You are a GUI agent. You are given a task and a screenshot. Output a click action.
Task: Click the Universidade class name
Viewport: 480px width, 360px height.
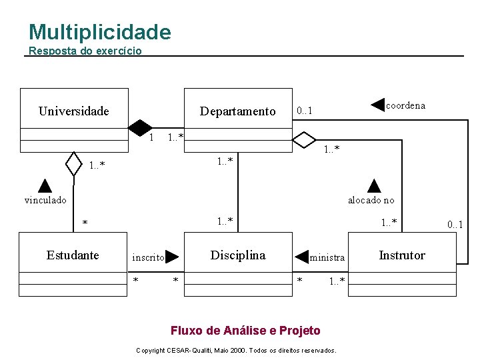pyautogui.click(x=73, y=111)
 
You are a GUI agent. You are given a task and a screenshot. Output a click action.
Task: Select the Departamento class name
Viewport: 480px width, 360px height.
pyautogui.click(x=237, y=111)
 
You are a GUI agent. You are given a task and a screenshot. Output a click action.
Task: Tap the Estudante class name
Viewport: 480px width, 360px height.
pyautogui.click(x=73, y=255)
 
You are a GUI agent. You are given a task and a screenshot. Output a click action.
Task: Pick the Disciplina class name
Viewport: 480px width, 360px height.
pyautogui.click(x=237, y=255)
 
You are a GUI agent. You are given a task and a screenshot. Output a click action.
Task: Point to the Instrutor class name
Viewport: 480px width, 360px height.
pyautogui.click(x=401, y=255)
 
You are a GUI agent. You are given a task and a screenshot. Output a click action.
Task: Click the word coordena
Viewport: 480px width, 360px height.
pyautogui.click(x=405, y=105)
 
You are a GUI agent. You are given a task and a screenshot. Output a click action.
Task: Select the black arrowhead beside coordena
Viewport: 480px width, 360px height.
pyautogui.click(x=378, y=105)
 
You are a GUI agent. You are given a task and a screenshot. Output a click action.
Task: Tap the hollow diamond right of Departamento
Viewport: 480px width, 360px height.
pyautogui.click(x=304, y=140)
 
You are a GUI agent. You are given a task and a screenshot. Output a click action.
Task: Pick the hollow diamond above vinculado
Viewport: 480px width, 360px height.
pyautogui.click(x=73, y=162)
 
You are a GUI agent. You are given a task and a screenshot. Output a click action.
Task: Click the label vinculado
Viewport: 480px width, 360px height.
pyautogui.click(x=45, y=199)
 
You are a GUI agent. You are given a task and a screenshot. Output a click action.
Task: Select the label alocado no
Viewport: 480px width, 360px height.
pyautogui.click(x=371, y=199)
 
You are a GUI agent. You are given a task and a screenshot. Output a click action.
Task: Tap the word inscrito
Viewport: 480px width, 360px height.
pyautogui.click(x=148, y=257)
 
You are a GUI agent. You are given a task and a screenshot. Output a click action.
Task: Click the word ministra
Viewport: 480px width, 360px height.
pyautogui.click(x=327, y=257)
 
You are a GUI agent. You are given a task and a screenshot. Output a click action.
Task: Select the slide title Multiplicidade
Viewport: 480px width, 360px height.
pyautogui.click(x=100, y=32)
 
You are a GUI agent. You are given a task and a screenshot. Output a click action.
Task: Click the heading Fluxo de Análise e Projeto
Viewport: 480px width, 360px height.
pyautogui.click(x=245, y=331)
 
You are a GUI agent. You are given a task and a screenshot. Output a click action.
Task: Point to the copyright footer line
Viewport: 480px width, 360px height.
pyautogui.click(x=236, y=350)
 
